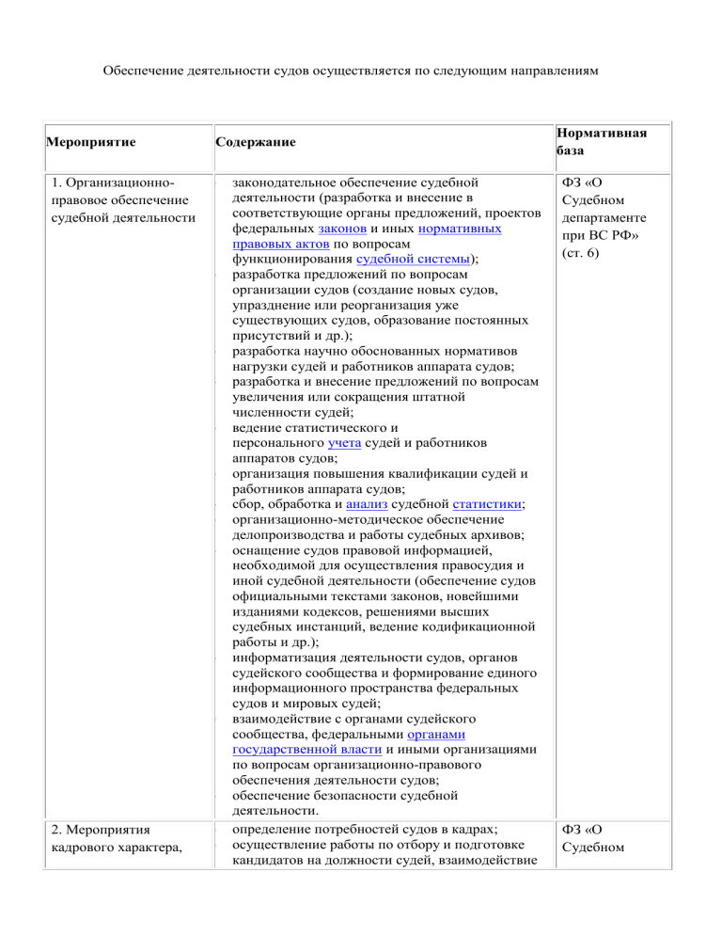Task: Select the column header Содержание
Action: [x=255, y=142]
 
